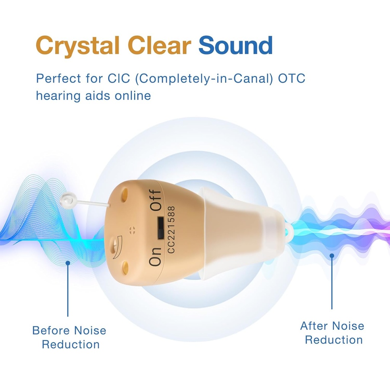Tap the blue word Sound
(235, 46)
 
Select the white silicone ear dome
(244, 232)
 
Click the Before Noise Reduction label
(69, 337)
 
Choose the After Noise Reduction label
(332, 332)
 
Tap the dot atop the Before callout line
(68, 262)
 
